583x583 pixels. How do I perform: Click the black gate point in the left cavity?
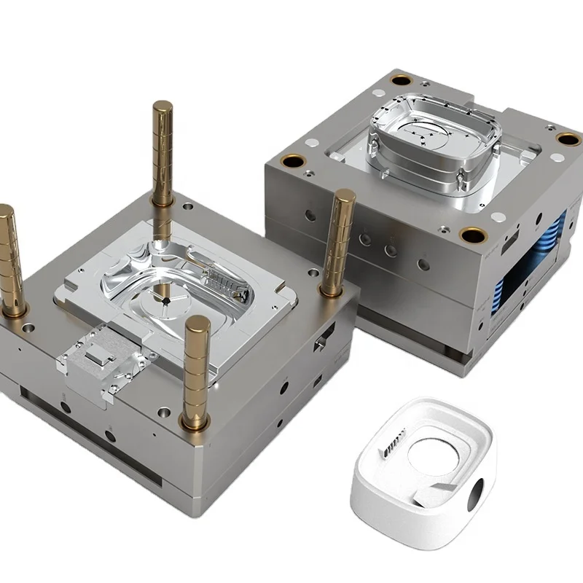(x=167, y=300)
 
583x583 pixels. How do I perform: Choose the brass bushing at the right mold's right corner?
(x=566, y=138)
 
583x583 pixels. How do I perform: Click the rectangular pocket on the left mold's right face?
(x=321, y=343)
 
